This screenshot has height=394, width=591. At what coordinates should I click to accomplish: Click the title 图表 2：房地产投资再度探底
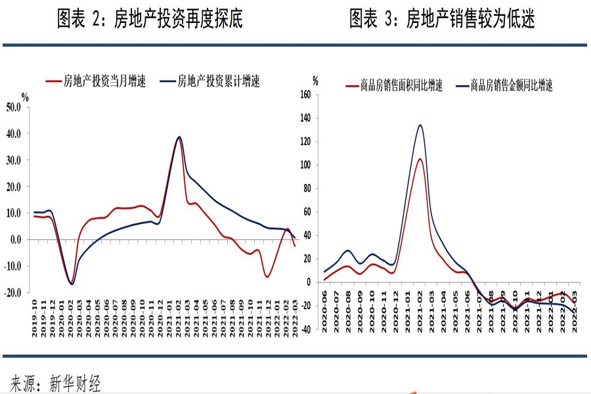point(150,20)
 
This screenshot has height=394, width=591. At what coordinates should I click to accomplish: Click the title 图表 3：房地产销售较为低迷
point(441,20)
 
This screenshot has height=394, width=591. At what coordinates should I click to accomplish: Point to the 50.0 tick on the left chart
point(14,107)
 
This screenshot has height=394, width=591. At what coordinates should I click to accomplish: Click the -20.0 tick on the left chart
point(14,293)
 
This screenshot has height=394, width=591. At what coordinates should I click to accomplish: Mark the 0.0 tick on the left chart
point(16,240)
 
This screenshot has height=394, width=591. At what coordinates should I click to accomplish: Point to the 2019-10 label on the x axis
point(35,320)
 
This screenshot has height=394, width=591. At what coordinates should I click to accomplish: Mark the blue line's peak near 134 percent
point(420,125)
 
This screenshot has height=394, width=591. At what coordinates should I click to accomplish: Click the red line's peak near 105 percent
point(420,159)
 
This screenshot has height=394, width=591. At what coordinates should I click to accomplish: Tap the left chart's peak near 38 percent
point(179,137)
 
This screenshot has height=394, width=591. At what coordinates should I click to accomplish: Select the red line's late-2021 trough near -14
point(267,276)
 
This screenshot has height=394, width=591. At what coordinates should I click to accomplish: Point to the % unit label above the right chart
point(315,81)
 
